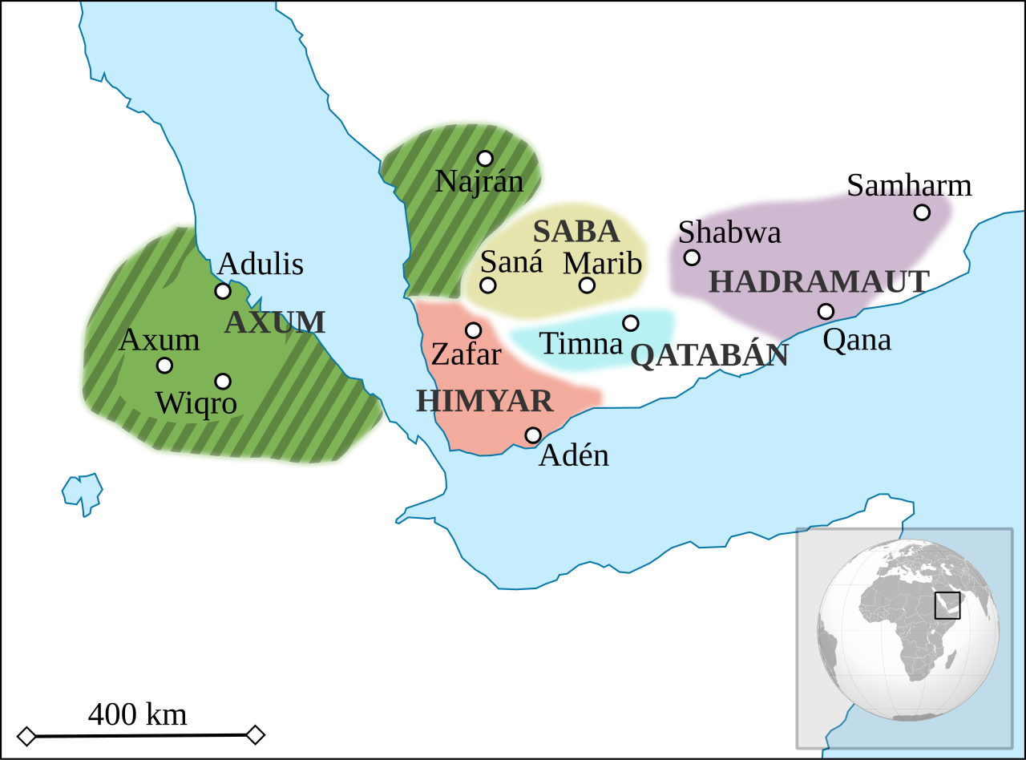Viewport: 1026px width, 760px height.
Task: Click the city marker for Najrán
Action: [485, 159]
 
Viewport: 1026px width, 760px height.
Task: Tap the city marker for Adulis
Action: [223, 291]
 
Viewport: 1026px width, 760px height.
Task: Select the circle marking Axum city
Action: [164, 366]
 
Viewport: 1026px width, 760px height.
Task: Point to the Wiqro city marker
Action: [223, 382]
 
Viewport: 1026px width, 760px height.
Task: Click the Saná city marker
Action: [488, 285]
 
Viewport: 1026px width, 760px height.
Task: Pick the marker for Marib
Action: [587, 285]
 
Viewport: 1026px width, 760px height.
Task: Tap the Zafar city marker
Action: [474, 330]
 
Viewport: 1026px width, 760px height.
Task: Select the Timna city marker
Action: [631, 323]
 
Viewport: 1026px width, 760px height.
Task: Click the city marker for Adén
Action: [533, 435]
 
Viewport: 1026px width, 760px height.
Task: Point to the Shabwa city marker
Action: [692, 257]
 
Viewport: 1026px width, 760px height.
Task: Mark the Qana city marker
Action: [826, 311]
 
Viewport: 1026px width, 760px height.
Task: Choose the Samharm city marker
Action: [922, 212]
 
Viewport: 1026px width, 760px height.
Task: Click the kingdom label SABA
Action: [576, 232]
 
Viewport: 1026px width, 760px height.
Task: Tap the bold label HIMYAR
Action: [484, 401]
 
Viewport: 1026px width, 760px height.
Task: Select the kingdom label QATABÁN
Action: [709, 355]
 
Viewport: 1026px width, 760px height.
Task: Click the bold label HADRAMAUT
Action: [819, 282]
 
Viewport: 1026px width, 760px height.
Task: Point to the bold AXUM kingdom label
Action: [275, 322]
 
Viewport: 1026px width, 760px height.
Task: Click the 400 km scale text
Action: [137, 714]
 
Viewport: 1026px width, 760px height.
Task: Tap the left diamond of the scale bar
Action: [26, 735]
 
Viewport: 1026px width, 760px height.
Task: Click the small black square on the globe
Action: [947, 605]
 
